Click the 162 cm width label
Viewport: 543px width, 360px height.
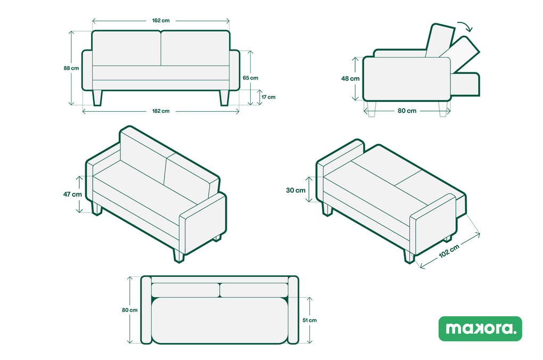point(161,20)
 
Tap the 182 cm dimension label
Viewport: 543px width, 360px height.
point(161,111)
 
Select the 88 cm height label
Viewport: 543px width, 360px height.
point(71,68)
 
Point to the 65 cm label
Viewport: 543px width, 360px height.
point(250,78)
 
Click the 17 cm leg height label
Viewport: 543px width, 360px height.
point(268,97)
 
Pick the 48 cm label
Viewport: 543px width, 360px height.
point(350,79)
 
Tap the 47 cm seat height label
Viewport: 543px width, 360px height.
point(72,194)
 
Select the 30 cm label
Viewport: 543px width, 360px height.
point(296,190)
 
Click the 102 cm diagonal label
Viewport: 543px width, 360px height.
point(449,251)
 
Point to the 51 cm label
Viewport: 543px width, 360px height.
point(310,321)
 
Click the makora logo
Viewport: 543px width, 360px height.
point(480,329)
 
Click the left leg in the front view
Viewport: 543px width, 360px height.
point(97,97)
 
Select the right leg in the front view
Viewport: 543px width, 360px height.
point(225,97)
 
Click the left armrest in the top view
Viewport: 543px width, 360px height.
point(146,310)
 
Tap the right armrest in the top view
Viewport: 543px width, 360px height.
point(293,310)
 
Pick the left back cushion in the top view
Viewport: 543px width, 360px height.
point(185,290)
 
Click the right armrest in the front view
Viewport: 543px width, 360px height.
point(235,70)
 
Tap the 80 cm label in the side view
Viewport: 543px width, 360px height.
point(407,111)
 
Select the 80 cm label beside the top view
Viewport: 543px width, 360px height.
point(129,310)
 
